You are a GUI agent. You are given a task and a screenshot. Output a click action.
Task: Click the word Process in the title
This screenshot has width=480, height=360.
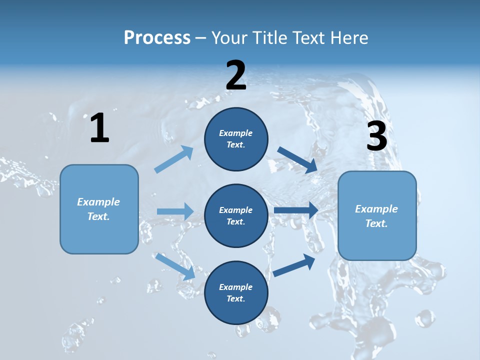[x=157, y=37]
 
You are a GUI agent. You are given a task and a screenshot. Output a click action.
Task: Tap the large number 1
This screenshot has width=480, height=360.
[x=99, y=128]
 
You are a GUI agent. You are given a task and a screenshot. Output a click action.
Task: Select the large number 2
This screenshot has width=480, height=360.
[x=236, y=75]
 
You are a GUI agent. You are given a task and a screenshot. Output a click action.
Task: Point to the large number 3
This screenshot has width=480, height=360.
[x=377, y=136]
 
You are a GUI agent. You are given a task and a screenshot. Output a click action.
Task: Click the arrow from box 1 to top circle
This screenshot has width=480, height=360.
[x=174, y=159]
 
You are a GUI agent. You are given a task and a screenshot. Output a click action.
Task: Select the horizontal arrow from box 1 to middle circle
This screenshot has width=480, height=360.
[x=175, y=211]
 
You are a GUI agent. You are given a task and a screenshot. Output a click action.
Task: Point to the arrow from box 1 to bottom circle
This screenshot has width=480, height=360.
[x=175, y=266]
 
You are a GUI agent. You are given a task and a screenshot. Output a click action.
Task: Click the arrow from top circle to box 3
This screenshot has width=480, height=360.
[x=297, y=160]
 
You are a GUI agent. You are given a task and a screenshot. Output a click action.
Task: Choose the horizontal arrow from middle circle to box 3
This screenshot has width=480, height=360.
[x=296, y=210]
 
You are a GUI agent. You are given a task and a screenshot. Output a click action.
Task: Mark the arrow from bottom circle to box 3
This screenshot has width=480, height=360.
[x=294, y=265]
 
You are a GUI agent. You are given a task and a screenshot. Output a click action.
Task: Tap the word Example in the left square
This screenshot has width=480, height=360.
[x=98, y=202]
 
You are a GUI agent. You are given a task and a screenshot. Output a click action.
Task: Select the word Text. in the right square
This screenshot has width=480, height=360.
[x=376, y=223]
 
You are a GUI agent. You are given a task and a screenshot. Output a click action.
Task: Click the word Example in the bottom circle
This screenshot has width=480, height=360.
[x=236, y=287]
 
